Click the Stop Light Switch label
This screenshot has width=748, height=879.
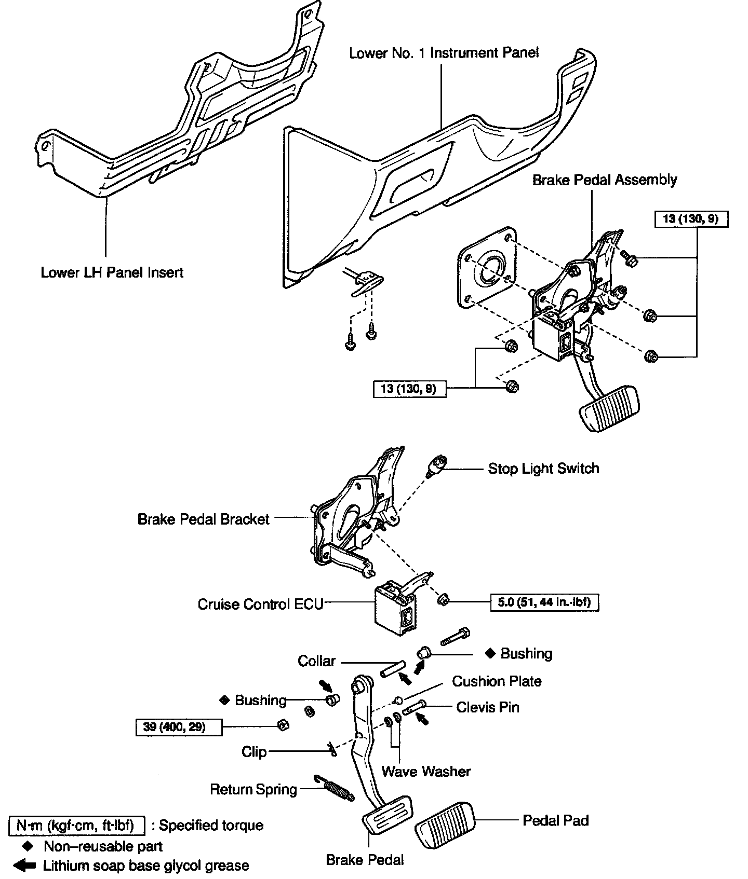[543, 469]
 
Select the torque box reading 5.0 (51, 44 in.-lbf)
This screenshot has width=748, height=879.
[544, 602]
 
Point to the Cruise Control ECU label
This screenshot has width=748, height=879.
[260, 605]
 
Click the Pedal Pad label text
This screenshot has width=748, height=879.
[555, 820]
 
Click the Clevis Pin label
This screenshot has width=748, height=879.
[488, 707]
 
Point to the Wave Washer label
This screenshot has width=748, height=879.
[426, 771]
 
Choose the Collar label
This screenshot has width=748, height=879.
[317, 661]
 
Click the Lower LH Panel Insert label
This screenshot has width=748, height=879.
[112, 272]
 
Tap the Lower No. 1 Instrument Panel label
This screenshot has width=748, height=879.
[444, 53]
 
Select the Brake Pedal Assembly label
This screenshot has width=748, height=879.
[605, 180]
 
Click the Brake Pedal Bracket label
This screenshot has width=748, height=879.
[203, 519]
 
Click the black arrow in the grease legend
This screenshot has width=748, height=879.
[24, 866]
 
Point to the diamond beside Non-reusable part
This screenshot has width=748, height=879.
[29, 846]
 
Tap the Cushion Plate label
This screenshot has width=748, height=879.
[497, 681]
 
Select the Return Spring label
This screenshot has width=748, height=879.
[253, 789]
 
